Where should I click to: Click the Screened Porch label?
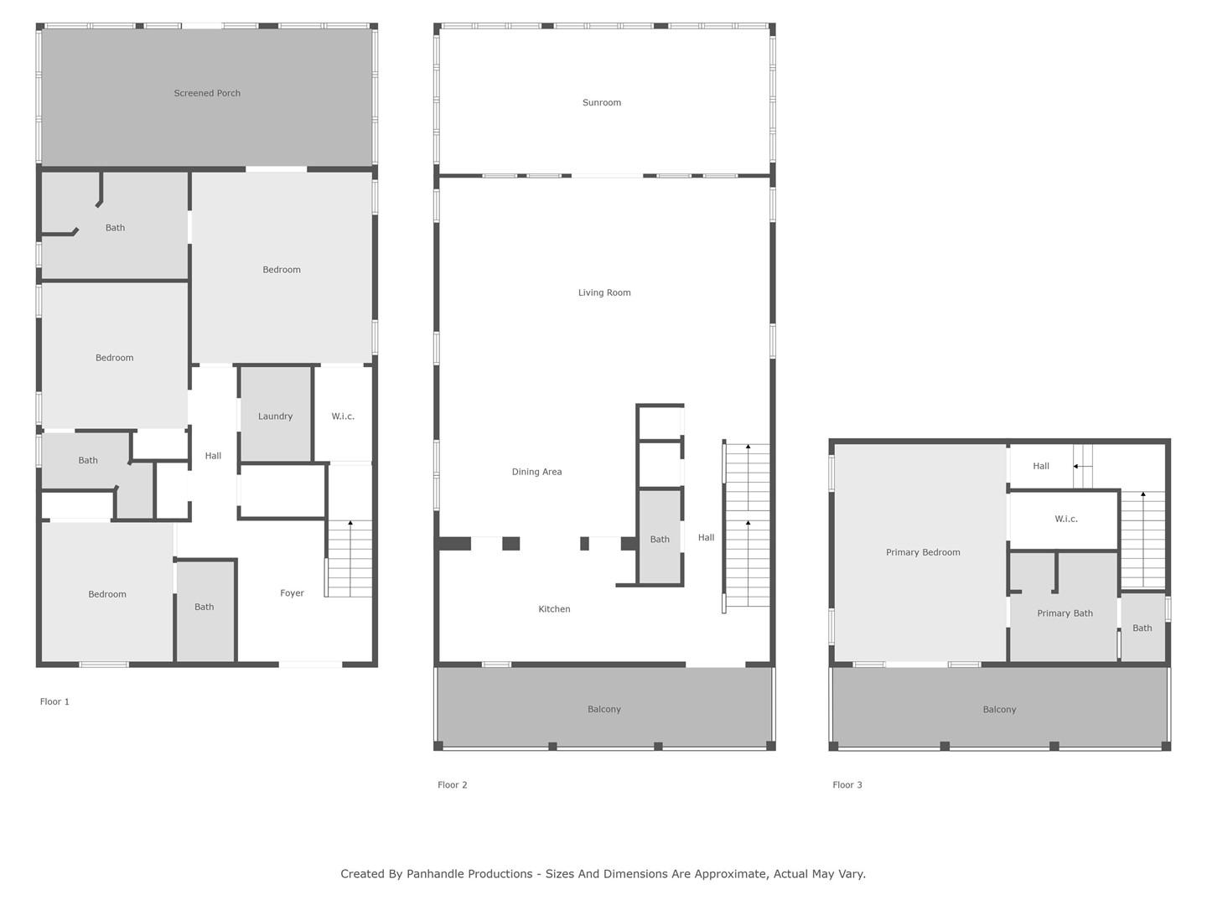(207, 93)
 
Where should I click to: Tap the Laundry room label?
(275, 416)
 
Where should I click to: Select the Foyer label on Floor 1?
(292, 593)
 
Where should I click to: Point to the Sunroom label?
(602, 103)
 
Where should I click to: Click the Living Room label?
(604, 293)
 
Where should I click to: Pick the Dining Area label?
(536, 472)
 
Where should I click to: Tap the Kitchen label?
(554, 609)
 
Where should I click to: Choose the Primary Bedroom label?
(923, 553)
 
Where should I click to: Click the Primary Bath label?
(1065, 613)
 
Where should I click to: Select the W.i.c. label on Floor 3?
(1065, 520)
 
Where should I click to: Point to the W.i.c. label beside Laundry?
(343, 416)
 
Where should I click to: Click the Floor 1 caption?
(54, 701)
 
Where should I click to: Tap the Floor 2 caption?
(452, 785)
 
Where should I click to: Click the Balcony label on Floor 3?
(999, 710)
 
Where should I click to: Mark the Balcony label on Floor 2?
(603, 710)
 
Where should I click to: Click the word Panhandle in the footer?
(469, 874)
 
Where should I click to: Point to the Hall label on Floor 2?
(706, 538)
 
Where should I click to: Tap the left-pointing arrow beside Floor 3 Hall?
(1082, 467)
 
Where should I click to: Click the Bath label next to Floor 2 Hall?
(660, 540)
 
